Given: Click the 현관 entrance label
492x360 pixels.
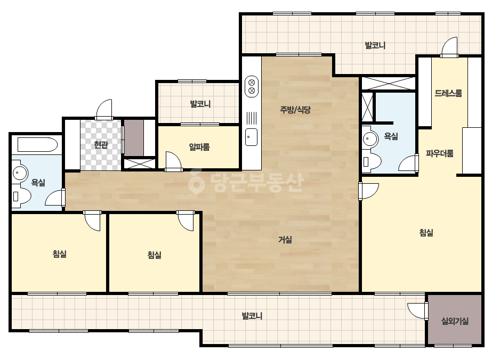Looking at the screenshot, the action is tap(101, 145).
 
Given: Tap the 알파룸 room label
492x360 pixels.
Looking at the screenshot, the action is tap(199, 147).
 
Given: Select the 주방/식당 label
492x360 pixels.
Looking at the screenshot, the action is tap(295, 110).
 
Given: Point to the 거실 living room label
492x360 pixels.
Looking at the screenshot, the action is tap(285, 240).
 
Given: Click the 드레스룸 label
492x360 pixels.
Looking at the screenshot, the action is tap(448, 93).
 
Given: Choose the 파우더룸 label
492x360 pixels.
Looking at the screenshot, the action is tap(440, 153).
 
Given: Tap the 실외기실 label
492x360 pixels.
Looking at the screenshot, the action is tap(455, 321).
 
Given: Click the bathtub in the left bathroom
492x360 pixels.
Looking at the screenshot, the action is tap(38, 145).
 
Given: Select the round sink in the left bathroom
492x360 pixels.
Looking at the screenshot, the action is tap(20, 172).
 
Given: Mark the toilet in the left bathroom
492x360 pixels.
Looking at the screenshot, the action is tap(21, 196).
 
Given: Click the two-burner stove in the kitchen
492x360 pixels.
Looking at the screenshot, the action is tap(252, 86).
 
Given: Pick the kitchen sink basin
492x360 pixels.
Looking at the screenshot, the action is tap(251, 137).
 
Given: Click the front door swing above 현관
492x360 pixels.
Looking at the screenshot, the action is tap(104, 110).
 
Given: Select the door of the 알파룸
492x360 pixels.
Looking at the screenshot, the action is tap(174, 161).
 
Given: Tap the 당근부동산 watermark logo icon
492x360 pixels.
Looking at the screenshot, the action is tap(196, 182).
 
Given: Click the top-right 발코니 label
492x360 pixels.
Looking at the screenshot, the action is tap(375, 45).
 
